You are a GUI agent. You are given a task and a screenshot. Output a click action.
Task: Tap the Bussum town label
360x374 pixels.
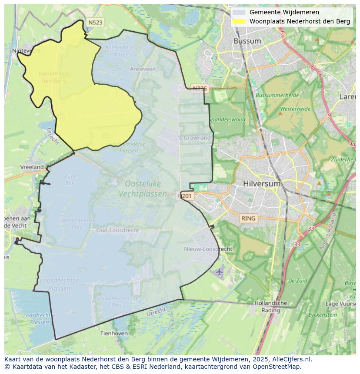click(x=247, y=41)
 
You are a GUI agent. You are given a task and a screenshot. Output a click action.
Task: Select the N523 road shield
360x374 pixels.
click(x=95, y=23)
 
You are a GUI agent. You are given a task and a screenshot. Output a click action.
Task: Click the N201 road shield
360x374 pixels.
click(x=186, y=196)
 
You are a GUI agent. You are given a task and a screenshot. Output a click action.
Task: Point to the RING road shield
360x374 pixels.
click(x=249, y=218)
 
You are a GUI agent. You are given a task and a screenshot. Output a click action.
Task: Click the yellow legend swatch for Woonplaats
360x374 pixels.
click(x=238, y=21)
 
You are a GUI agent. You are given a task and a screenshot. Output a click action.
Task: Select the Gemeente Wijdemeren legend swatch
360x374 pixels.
click(x=238, y=13)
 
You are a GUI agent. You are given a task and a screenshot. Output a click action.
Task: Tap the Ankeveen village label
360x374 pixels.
click(x=143, y=69)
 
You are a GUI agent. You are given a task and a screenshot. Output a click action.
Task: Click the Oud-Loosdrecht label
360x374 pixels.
click(x=118, y=230)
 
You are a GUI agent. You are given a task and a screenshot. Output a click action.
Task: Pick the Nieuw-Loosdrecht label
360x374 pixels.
click(x=208, y=249)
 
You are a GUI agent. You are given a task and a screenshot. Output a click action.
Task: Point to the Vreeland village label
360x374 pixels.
click(x=32, y=167)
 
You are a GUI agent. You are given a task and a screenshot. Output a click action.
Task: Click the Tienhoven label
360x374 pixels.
click(x=114, y=333)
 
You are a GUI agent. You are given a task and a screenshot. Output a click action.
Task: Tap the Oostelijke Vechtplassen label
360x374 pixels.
click(x=143, y=189)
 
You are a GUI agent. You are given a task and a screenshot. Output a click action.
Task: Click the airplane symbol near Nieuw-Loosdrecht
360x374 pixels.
click(x=219, y=271)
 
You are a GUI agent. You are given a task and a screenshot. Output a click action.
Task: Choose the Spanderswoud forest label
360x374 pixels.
click(x=227, y=119)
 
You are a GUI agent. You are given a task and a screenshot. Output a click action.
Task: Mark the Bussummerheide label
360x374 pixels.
click(x=277, y=95)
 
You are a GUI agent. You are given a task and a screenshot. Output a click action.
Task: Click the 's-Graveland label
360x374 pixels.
click(x=195, y=138)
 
